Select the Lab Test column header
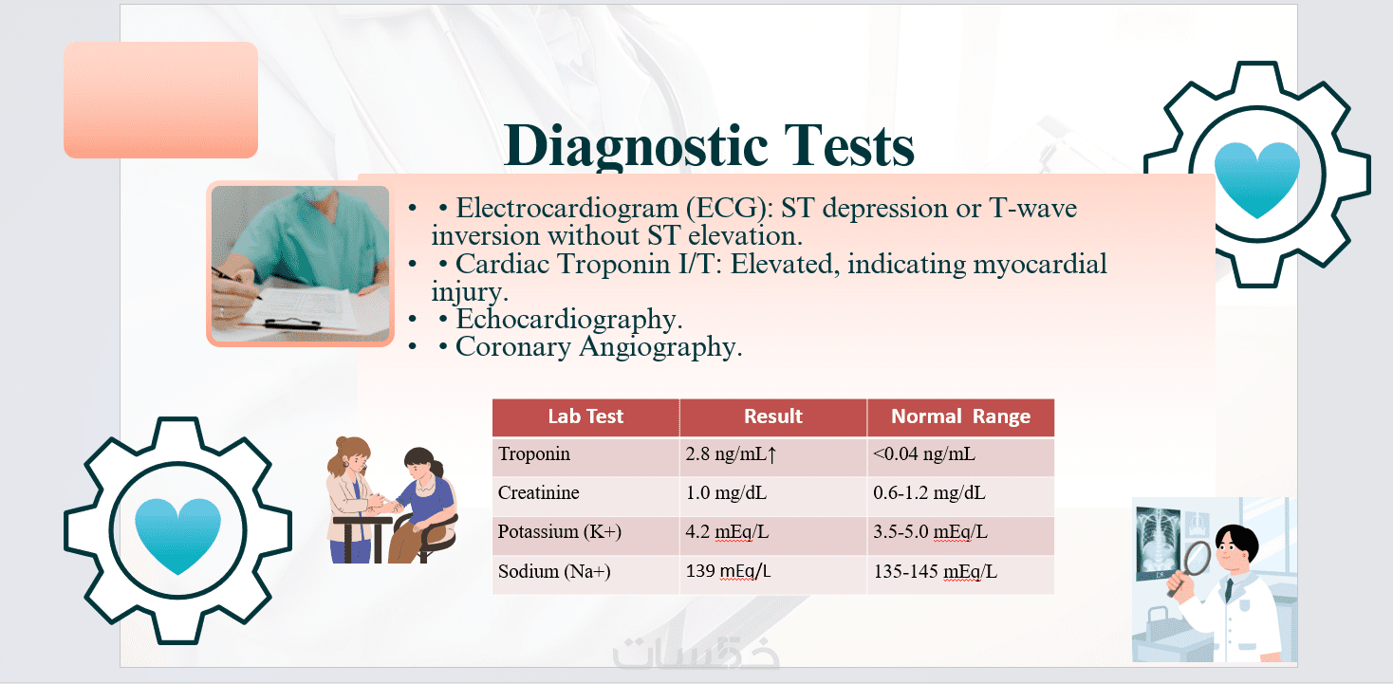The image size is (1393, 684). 585,416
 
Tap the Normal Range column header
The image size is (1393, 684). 961,416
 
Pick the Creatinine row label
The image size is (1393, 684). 539,492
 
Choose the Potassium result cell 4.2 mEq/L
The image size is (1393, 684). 727,531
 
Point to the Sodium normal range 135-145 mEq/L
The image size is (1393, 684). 936,571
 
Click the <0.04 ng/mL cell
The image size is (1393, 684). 924,453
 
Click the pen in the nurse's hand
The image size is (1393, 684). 236,283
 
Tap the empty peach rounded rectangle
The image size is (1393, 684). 160,100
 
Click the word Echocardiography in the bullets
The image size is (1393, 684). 569,319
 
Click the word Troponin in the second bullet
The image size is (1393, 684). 615,265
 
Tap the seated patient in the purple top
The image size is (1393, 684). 423,505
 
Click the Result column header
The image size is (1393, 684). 773,416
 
